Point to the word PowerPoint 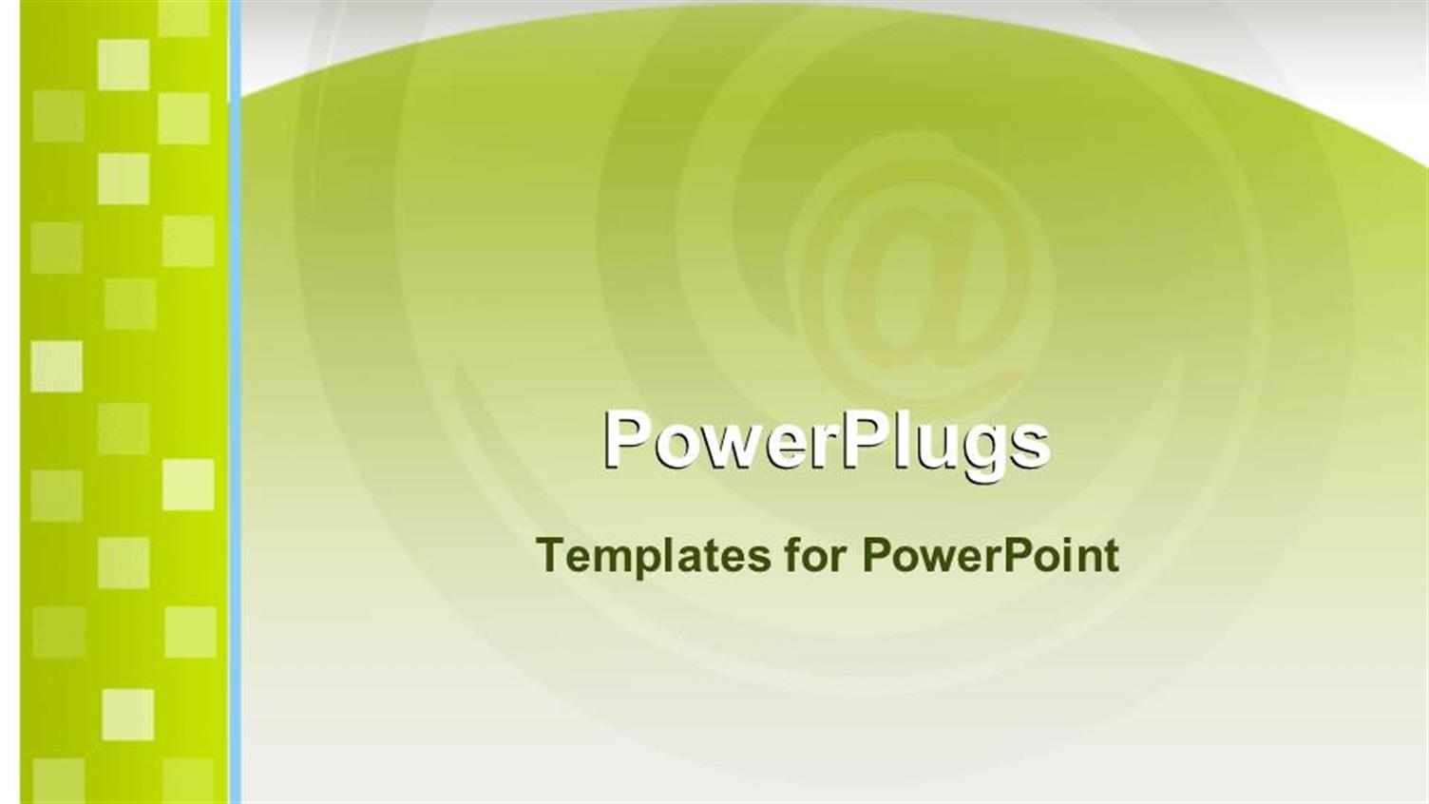(x=990, y=555)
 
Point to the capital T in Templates (x=549, y=554)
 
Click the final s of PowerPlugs (x=1032, y=445)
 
